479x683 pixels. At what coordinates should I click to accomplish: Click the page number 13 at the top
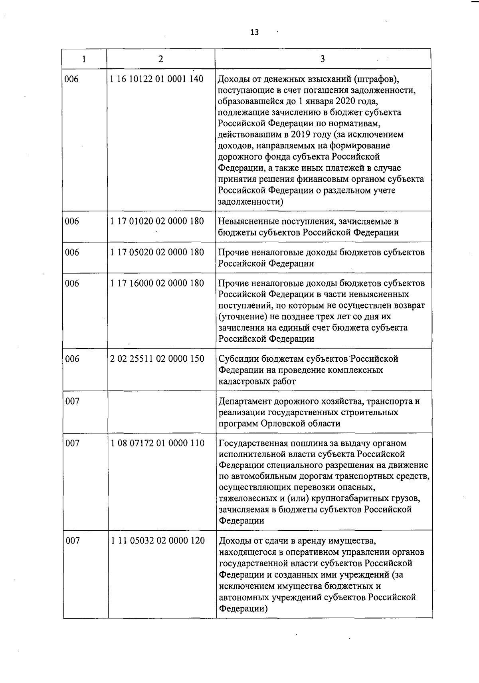[x=254, y=32]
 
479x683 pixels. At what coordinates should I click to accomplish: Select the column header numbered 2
[x=160, y=59]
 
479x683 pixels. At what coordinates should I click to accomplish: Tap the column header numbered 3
[x=323, y=59]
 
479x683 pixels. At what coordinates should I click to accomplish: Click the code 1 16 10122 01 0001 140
[x=157, y=79]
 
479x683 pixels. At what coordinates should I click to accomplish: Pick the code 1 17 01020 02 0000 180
[x=157, y=221]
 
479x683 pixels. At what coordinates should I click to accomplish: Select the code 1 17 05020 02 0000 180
[x=157, y=253]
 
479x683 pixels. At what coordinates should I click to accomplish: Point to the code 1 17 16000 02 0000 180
[x=157, y=284]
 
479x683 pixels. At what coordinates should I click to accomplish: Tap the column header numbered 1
[x=84, y=59]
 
